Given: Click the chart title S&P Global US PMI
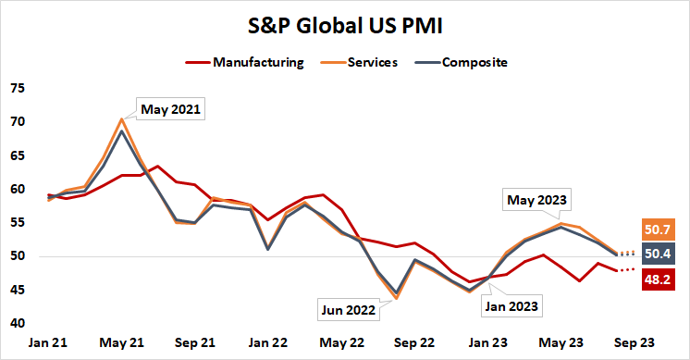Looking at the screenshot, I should [344, 25].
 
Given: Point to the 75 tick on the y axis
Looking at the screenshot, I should [18, 89].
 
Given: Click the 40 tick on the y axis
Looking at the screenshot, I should [18, 323].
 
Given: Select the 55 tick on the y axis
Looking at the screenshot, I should [18, 223].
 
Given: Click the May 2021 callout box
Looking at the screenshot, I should [170, 109].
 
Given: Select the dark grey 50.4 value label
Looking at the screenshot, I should [659, 253].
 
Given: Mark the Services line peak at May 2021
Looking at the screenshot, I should [121, 119].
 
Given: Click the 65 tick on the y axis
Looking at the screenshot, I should [18, 155].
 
